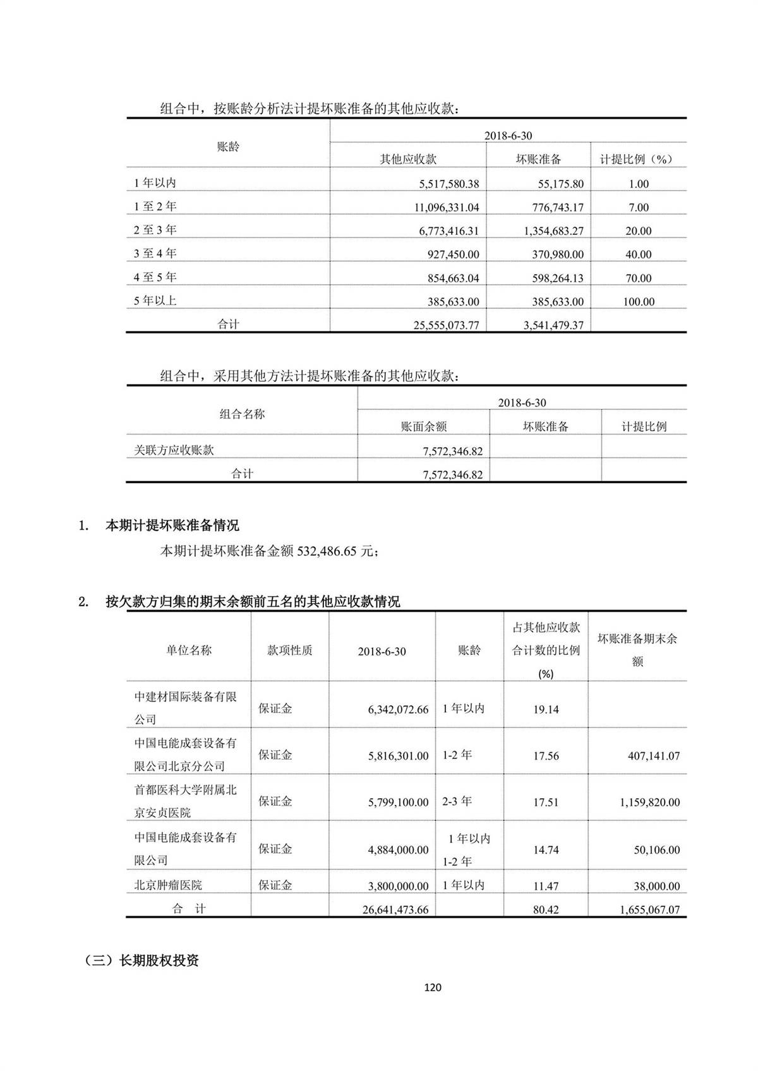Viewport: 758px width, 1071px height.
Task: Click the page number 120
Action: (433, 987)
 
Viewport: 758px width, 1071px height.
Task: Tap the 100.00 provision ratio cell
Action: (639, 302)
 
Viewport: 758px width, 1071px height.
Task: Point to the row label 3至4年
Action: (155, 254)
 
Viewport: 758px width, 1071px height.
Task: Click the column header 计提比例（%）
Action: (635, 159)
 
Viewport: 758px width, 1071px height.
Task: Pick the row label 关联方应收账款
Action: (174, 450)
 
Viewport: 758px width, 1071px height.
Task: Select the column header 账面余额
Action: (423, 426)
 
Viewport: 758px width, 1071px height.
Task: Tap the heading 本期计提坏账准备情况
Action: (172, 525)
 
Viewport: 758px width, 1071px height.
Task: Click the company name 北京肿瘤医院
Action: (168, 885)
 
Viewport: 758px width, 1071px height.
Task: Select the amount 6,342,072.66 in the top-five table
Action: (398, 709)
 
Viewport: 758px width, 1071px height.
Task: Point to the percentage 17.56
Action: (546, 756)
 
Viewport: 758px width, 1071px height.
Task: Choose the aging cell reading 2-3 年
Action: (457, 801)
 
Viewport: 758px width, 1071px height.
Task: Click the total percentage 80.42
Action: (546, 910)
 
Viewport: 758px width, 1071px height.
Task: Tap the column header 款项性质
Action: (289, 650)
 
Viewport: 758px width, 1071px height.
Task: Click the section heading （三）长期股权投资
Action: (141, 960)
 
